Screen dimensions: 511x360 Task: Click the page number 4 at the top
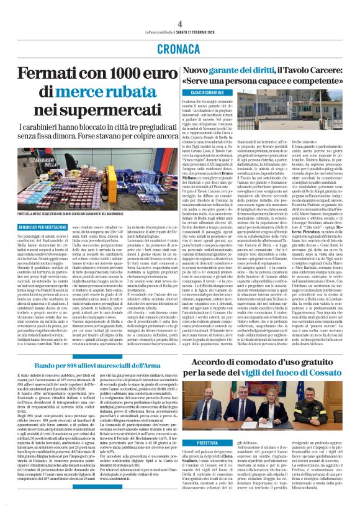pos(180,6)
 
